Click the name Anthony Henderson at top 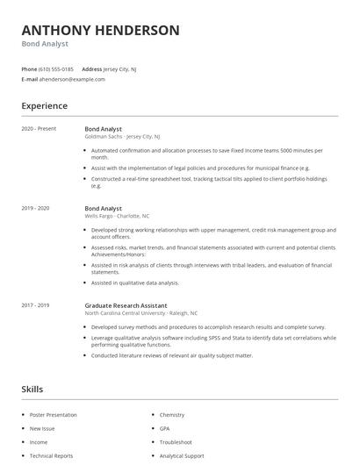(x=100, y=31)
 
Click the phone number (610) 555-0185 (x=57, y=68)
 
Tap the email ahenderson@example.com (x=71, y=79)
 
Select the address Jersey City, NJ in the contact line (x=120, y=68)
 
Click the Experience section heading (x=44, y=106)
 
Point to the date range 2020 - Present (x=39, y=129)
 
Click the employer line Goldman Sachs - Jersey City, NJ (x=122, y=137)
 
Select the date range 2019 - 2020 (x=35, y=208)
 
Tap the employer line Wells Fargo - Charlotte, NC (x=117, y=216)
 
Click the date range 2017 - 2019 (x=35, y=304)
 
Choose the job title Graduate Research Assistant (x=126, y=304)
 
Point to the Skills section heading (x=32, y=389)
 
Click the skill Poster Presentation (x=54, y=415)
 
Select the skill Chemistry (x=172, y=415)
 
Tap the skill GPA (x=165, y=428)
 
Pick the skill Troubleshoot (x=176, y=442)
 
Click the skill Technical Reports (x=51, y=456)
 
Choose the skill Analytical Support (x=182, y=456)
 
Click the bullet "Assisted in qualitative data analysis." (x=134, y=283)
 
